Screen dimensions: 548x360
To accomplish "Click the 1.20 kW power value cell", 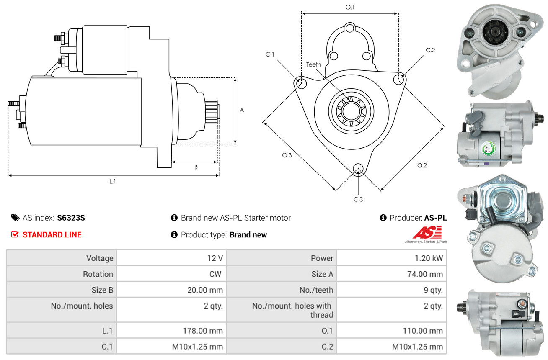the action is (429, 258).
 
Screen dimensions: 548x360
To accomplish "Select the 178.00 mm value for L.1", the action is (203, 331).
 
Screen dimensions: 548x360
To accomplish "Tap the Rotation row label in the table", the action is (98, 274).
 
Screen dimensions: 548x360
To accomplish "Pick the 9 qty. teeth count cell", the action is (433, 290).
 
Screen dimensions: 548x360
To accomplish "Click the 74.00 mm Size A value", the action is (425, 274).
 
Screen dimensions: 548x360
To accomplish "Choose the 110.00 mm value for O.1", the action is (423, 331).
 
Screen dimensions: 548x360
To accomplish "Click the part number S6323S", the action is (71, 218).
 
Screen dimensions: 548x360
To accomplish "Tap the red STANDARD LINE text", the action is (52, 234).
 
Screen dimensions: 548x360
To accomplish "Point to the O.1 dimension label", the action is (350, 8).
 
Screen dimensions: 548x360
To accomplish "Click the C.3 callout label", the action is (358, 199).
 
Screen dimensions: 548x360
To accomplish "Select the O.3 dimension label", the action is (287, 155).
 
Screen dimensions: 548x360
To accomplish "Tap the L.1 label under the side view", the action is (113, 181).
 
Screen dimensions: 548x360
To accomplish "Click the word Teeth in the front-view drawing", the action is (313, 64).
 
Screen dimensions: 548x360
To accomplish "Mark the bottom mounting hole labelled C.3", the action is (358, 169).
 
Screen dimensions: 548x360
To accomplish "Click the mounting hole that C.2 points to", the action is (399, 79).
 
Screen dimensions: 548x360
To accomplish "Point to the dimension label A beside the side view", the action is (242, 110).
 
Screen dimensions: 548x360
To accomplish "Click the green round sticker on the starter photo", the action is (489, 148).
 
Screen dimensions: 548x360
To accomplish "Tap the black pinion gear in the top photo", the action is (496, 32).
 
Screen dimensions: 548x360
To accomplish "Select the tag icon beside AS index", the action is (16, 218).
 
